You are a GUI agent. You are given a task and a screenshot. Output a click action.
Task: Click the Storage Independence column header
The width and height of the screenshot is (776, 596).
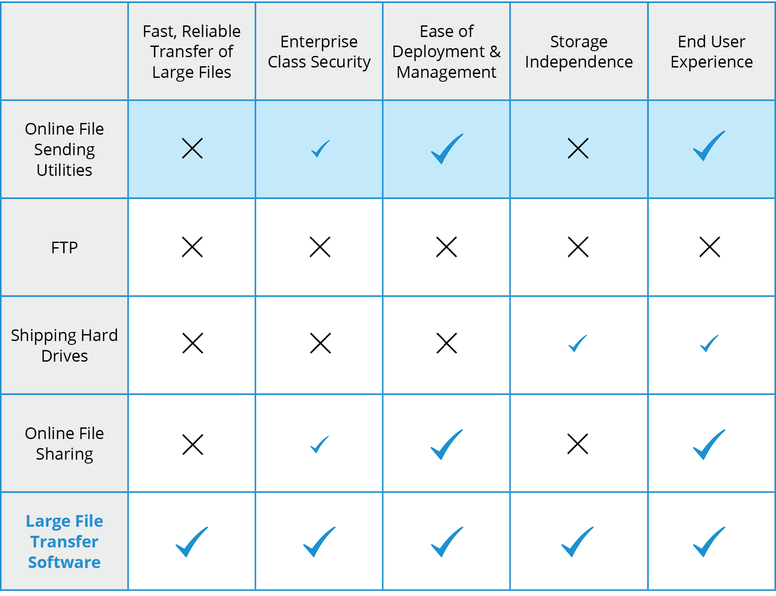point(579,52)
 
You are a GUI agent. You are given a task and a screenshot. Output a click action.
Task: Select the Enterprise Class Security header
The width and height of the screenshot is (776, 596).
point(319,52)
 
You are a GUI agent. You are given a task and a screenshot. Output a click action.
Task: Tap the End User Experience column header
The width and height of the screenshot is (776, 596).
point(711,52)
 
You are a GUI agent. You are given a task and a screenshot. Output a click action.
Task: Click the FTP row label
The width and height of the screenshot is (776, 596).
point(65,248)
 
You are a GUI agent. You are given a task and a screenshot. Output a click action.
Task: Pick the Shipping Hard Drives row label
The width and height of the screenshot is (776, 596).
point(65,345)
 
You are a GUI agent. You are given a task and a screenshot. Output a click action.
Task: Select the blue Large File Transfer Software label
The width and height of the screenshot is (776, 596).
point(65,541)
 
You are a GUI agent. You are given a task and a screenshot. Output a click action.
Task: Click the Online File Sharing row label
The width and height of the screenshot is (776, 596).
point(65,443)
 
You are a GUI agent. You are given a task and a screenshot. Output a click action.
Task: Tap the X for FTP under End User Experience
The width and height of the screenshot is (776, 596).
point(710,247)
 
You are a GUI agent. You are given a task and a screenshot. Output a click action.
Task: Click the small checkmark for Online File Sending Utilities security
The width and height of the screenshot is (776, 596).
point(320,149)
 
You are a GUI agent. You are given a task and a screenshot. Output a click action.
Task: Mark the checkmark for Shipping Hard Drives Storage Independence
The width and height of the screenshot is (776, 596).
point(577,344)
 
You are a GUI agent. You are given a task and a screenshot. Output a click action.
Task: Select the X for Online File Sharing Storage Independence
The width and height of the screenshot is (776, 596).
point(578,444)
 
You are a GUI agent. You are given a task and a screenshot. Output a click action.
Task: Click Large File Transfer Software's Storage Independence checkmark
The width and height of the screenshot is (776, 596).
point(577,542)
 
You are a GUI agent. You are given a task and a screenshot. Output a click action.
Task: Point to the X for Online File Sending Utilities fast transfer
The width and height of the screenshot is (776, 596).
point(192,148)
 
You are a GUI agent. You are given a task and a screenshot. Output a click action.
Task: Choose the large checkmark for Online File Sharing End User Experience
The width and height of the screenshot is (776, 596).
point(709,445)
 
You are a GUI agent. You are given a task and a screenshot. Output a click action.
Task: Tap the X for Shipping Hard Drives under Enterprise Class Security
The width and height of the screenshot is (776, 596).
point(320,343)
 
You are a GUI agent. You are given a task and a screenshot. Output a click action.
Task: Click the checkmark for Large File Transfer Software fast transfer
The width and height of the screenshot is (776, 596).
point(192,542)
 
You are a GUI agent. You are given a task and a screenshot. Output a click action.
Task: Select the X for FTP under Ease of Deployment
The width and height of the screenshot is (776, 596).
point(447,247)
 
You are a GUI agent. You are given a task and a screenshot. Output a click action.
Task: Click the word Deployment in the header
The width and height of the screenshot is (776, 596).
point(438,52)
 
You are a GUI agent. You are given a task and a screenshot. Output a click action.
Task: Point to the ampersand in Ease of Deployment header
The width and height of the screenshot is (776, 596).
point(495,52)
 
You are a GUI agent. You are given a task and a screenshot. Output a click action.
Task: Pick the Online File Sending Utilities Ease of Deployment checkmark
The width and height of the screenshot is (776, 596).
point(447,149)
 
